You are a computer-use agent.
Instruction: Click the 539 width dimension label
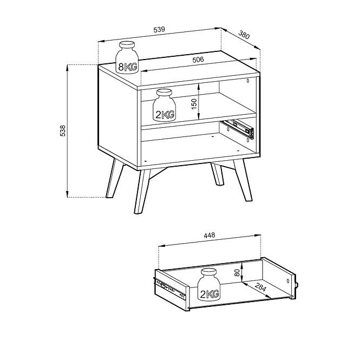click(x=159, y=29)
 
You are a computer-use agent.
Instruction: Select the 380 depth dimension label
click(x=244, y=35)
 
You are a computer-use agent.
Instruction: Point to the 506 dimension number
click(x=198, y=60)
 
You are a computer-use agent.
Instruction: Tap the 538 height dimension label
click(x=62, y=131)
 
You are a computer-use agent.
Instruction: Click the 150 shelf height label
click(x=194, y=104)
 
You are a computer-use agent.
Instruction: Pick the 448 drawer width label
click(x=210, y=235)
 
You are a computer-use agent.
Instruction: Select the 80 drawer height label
click(x=237, y=272)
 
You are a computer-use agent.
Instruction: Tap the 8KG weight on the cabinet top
click(x=127, y=57)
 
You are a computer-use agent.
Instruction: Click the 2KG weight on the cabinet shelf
click(x=164, y=105)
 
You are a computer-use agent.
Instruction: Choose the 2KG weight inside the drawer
click(x=209, y=284)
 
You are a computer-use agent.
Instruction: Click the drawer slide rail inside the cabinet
click(x=238, y=129)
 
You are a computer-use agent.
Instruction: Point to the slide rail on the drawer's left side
click(x=169, y=289)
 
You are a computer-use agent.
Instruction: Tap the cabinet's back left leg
click(x=115, y=178)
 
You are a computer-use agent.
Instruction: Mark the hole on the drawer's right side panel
click(x=288, y=281)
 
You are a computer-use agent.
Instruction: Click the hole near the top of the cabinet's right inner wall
click(x=248, y=81)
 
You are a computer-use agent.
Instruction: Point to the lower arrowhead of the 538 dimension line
click(x=67, y=194)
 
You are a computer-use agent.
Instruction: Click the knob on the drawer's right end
click(x=297, y=285)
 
